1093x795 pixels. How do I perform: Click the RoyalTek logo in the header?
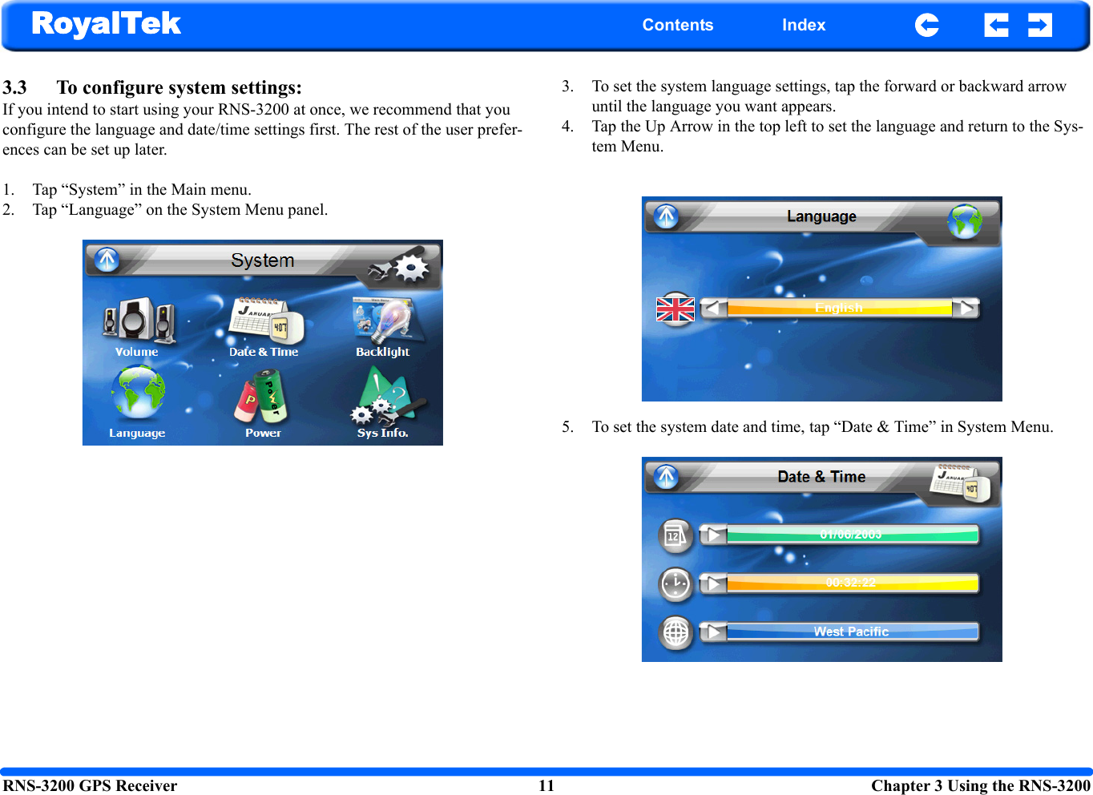coord(106,24)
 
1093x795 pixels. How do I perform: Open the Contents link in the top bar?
coord(677,25)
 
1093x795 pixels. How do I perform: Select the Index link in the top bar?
coord(803,25)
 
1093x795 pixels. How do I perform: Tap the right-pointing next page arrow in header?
coord(1039,26)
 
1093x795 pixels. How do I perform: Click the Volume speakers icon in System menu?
coord(138,321)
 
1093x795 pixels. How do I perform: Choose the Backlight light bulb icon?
coord(384,321)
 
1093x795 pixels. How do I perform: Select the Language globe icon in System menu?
coord(138,393)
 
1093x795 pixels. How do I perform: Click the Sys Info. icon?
coord(384,396)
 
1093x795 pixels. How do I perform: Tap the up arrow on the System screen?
coord(107,260)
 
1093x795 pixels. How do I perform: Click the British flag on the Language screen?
coord(676,308)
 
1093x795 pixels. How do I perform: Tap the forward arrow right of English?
coord(966,308)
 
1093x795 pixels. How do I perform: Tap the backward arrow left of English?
coord(713,308)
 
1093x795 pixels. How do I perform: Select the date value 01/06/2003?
coord(851,535)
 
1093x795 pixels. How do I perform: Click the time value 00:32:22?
coord(851,583)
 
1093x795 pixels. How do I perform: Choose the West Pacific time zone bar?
coord(851,632)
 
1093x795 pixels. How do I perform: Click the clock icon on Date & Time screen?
coord(676,583)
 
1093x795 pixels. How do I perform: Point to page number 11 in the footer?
coord(546,785)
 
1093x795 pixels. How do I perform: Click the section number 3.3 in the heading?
coord(14,87)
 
